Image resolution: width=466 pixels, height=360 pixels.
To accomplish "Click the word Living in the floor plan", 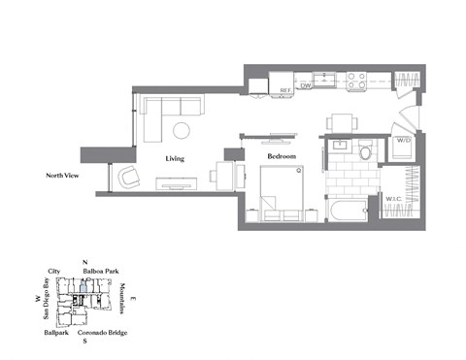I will [x=175, y=157].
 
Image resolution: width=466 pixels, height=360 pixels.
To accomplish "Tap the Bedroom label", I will [x=281, y=155].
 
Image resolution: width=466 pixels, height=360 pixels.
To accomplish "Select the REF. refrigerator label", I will [x=285, y=90].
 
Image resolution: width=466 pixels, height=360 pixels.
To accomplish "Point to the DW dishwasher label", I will [x=305, y=87].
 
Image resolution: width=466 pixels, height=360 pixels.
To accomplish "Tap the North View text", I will [x=60, y=176].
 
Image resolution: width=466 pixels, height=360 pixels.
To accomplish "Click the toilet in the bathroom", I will [x=366, y=152].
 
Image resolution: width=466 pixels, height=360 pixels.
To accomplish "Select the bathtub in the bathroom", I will [x=348, y=210].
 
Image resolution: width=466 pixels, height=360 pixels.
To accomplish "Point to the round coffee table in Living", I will [x=183, y=130].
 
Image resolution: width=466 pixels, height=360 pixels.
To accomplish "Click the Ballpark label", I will [x=55, y=333].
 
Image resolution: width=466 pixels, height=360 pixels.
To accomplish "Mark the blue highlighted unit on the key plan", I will [x=84, y=287].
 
